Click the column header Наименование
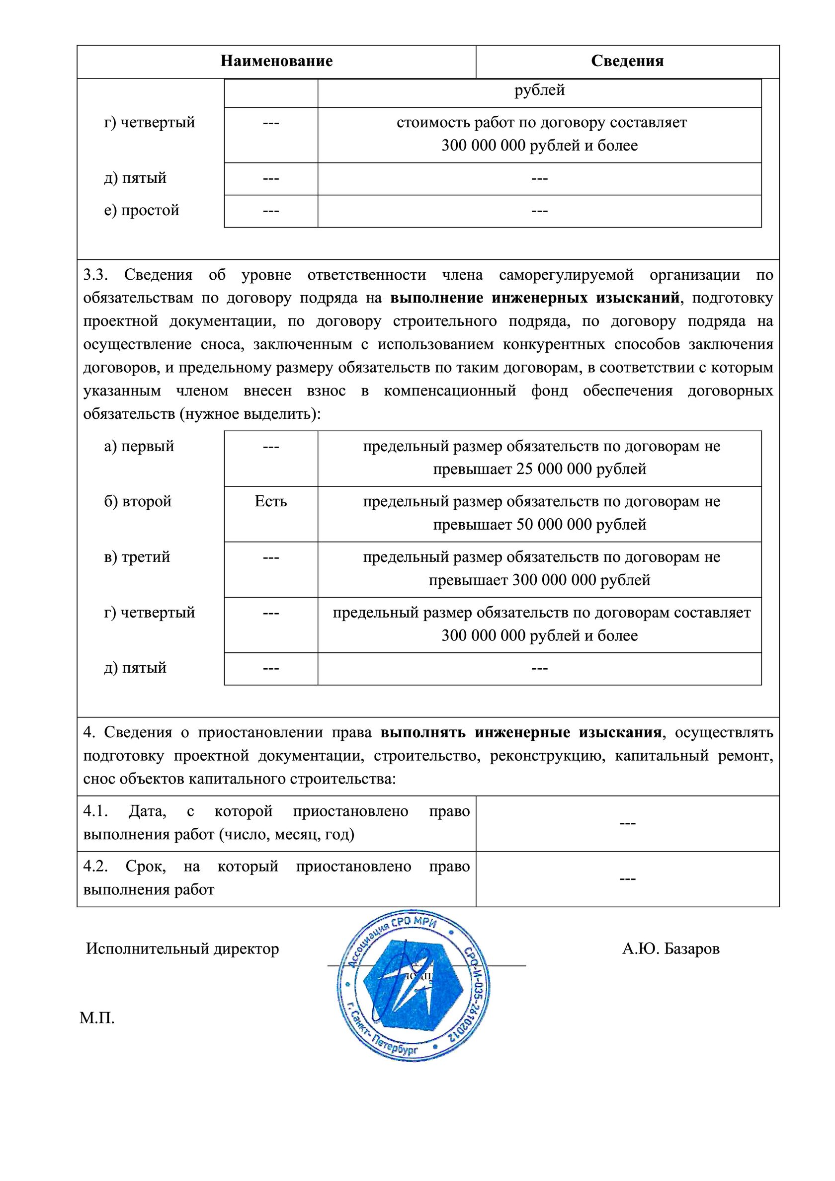[276, 61]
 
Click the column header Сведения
[627, 61]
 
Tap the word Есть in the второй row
[270, 501]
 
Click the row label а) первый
[139, 446]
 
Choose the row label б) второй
[137, 501]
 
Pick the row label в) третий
[137, 557]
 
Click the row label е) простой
[142, 210]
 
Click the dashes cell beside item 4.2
[627, 878]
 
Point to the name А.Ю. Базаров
[670, 949]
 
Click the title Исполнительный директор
[182, 949]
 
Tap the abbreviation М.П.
[97, 1018]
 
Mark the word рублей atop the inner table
[539, 90]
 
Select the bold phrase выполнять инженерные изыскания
[521, 732]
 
